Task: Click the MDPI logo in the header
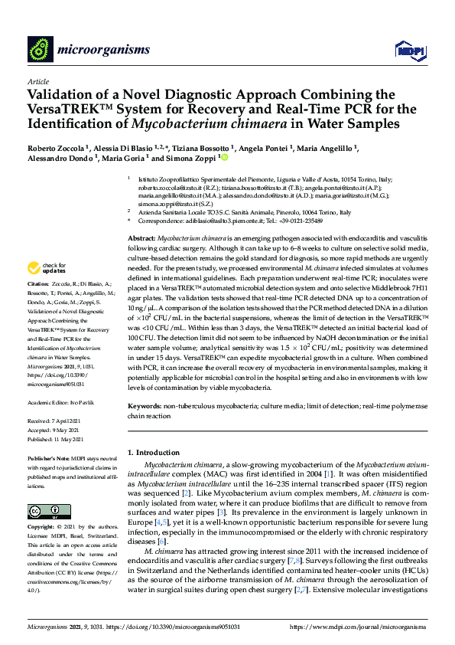[410, 50]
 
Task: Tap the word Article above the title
[37, 81]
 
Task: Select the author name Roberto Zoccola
[53, 149]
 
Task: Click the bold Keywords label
[146, 404]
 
